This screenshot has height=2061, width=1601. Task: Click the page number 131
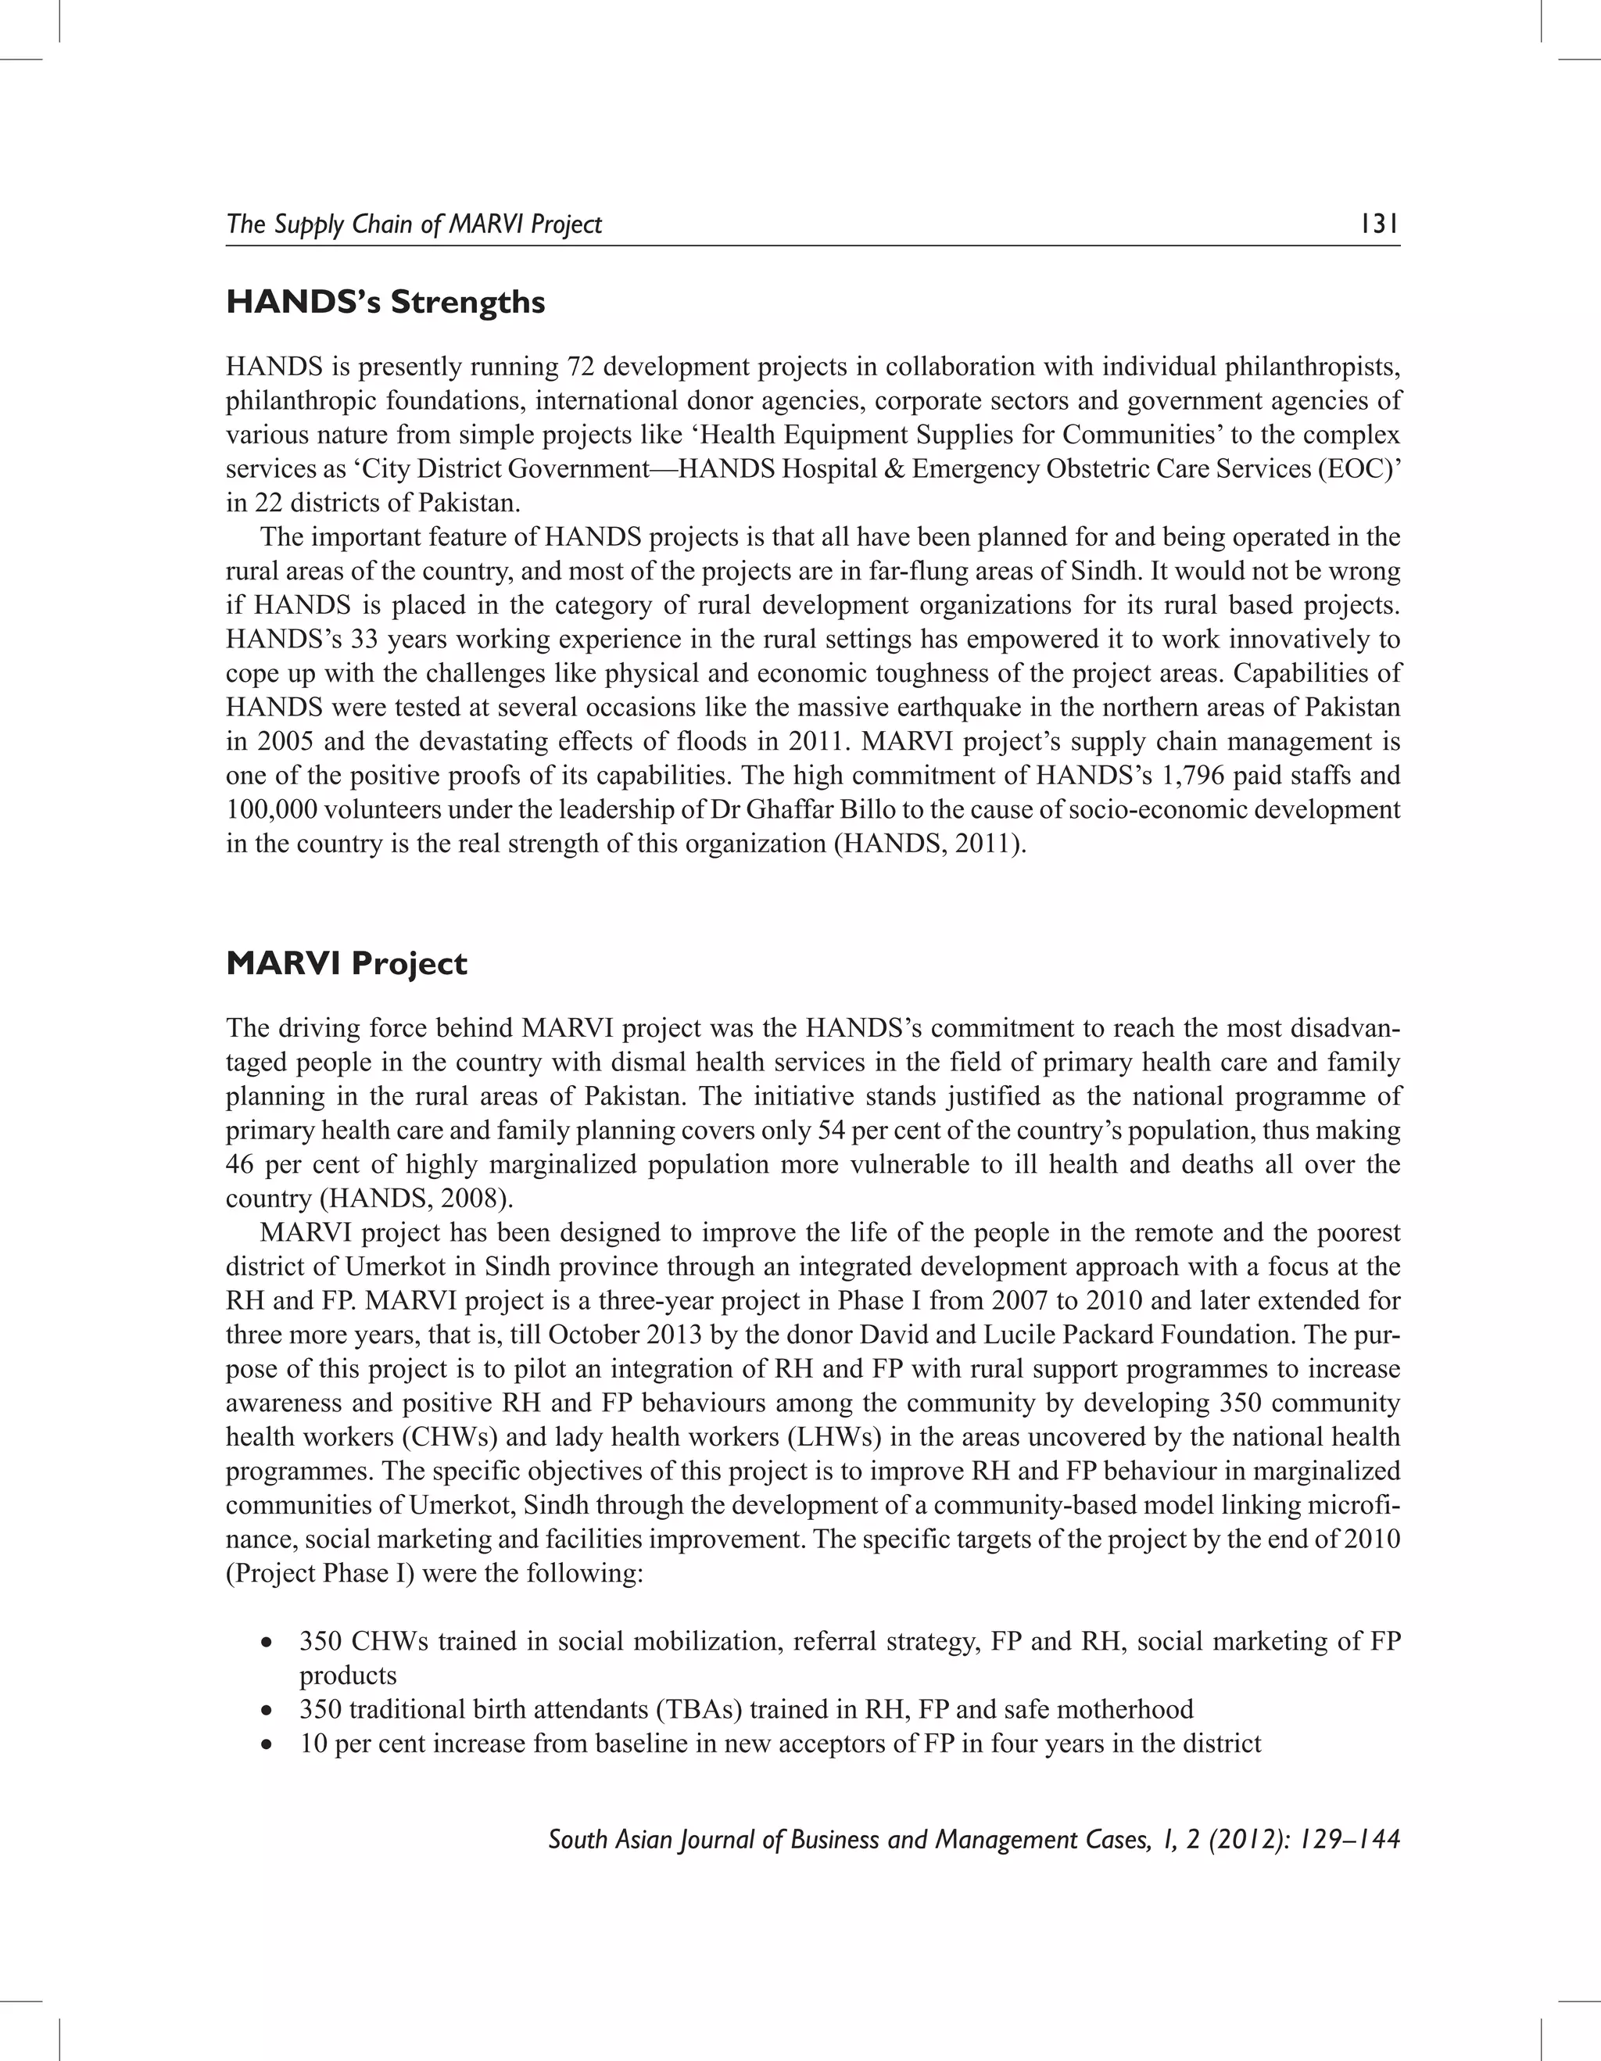(x=1378, y=224)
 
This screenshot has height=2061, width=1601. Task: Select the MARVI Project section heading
(x=346, y=963)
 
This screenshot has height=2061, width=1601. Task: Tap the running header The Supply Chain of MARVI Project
(x=414, y=224)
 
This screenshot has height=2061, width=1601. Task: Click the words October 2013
(x=618, y=1335)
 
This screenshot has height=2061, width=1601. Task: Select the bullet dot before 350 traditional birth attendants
(x=269, y=1710)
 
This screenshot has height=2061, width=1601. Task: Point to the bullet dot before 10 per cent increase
(x=269, y=1744)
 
